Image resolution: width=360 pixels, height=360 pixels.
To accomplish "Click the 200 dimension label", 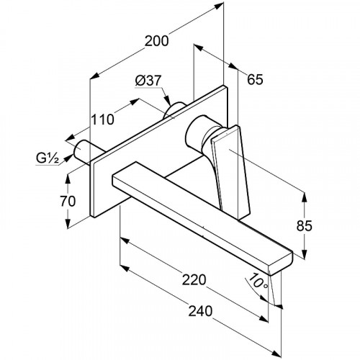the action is point(157,41).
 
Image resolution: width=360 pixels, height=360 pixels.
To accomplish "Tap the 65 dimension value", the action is point(255,79).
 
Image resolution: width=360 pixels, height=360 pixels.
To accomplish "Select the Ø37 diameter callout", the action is point(148,81).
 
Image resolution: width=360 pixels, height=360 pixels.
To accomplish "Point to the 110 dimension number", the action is point(102,120).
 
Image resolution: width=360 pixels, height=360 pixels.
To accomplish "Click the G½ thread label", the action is point(48,158).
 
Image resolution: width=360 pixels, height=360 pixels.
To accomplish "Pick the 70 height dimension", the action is point(68,201).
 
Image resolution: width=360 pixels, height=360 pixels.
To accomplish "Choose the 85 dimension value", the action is point(304,225).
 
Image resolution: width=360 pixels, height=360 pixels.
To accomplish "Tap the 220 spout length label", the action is point(194,279).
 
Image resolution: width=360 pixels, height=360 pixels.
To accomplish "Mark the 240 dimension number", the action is point(200,311).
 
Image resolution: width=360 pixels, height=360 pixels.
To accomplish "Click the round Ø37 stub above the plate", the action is point(174,110).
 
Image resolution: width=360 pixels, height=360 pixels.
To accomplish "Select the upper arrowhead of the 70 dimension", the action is point(68,178).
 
